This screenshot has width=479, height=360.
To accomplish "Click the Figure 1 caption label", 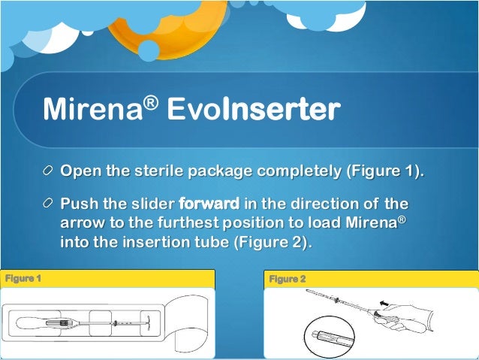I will [x=23, y=279].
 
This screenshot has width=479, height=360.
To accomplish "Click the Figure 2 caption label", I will [x=288, y=279].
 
